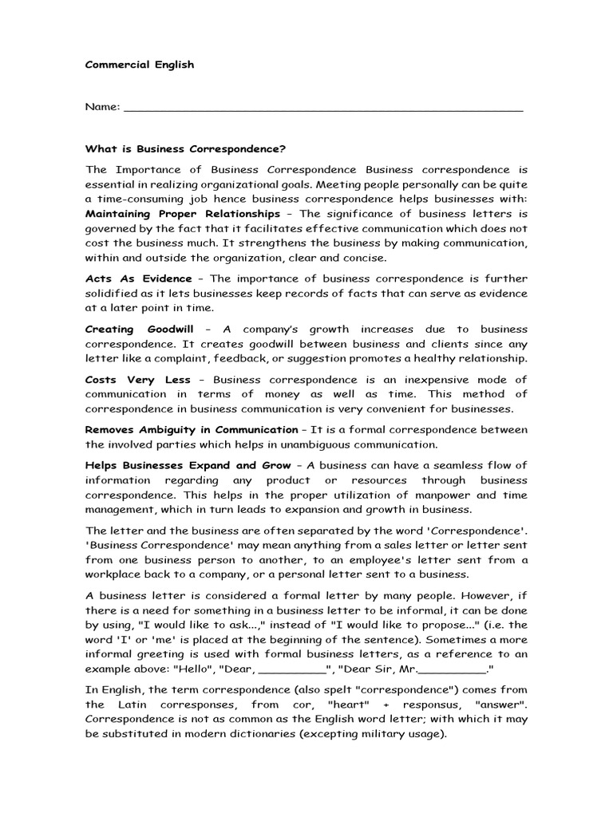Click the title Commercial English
click(140, 65)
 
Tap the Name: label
click(103, 106)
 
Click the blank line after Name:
click(324, 108)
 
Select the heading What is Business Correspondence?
click(185, 148)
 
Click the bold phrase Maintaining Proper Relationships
click(183, 214)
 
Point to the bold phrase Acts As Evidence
click(139, 278)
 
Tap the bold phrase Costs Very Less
click(138, 379)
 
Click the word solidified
click(111, 294)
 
